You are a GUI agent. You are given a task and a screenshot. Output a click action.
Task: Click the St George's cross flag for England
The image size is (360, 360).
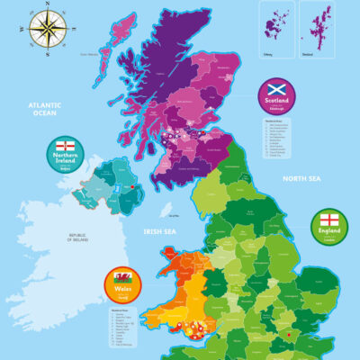pyautogui.click(x=328, y=220)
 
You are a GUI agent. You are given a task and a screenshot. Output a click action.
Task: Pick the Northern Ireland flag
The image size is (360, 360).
pyautogui.click(x=65, y=146)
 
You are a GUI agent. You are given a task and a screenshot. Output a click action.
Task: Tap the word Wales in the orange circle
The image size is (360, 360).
pyautogui.click(x=122, y=291)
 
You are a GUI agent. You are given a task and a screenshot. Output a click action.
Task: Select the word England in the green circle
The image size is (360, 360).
pyautogui.click(x=328, y=233)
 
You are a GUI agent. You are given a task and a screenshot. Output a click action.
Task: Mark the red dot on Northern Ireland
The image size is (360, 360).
pyautogui.click(x=132, y=187)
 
